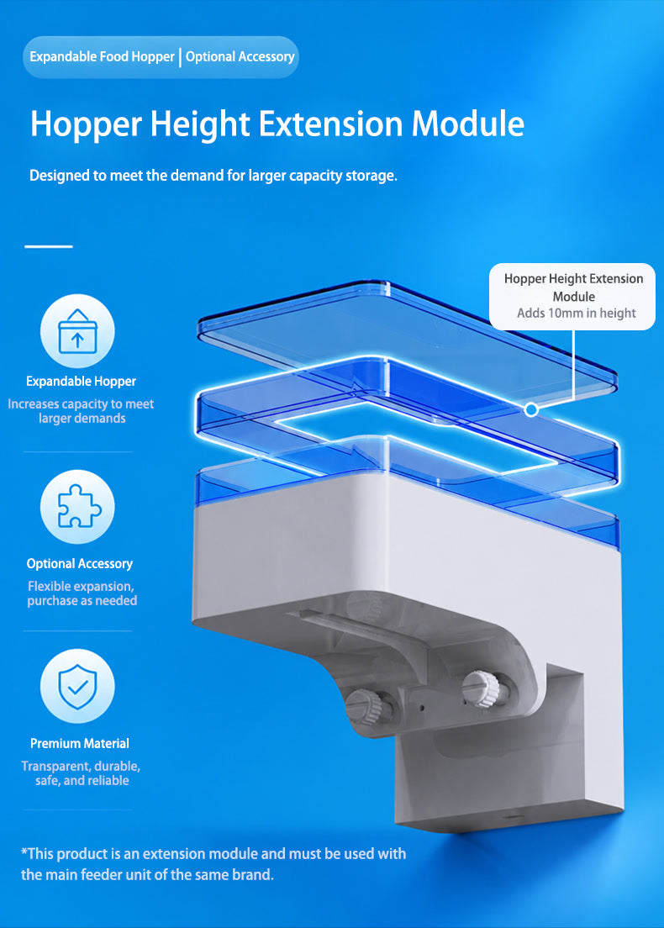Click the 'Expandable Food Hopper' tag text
(x=102, y=57)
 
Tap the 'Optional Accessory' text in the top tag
(x=240, y=57)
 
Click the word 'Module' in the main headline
(x=467, y=124)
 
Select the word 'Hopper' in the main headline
(x=87, y=125)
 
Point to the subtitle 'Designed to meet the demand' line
(x=213, y=176)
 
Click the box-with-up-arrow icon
(x=77, y=331)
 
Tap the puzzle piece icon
(x=79, y=506)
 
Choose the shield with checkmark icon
(x=77, y=686)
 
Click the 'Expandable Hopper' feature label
(x=81, y=381)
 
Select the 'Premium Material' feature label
(x=80, y=743)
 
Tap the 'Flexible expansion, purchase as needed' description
(x=82, y=593)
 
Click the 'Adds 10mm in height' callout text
(x=577, y=313)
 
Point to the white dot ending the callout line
(x=531, y=409)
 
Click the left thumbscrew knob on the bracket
(x=365, y=707)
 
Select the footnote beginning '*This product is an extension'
(x=213, y=864)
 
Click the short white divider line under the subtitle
(x=49, y=246)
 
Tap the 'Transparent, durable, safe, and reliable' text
(x=81, y=773)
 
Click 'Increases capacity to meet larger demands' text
(x=81, y=411)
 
